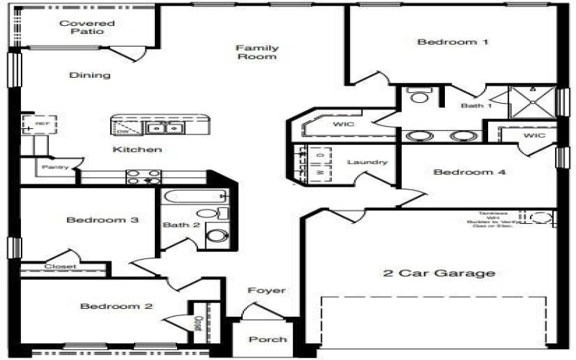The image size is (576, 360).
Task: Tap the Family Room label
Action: pos(257,52)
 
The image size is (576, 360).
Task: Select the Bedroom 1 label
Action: pos(453,42)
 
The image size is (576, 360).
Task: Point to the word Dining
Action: pos(90,75)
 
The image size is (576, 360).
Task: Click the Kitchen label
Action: pos(137,150)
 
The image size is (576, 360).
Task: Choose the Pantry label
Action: pos(55,167)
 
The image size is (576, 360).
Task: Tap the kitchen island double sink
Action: pos(165,128)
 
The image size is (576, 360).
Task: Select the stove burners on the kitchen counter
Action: pos(143,176)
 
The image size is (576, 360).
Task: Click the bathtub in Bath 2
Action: pos(194,196)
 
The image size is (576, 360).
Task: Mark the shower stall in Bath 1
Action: pos(532,102)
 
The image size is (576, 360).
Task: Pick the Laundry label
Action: pos(367,162)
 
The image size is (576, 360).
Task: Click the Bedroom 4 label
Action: pos(469,172)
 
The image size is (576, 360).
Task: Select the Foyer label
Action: pos(266,291)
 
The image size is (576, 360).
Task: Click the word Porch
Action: pos(268,339)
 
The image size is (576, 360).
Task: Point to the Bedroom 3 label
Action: pos(102,220)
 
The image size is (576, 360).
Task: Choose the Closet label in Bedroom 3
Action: pos(60,266)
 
